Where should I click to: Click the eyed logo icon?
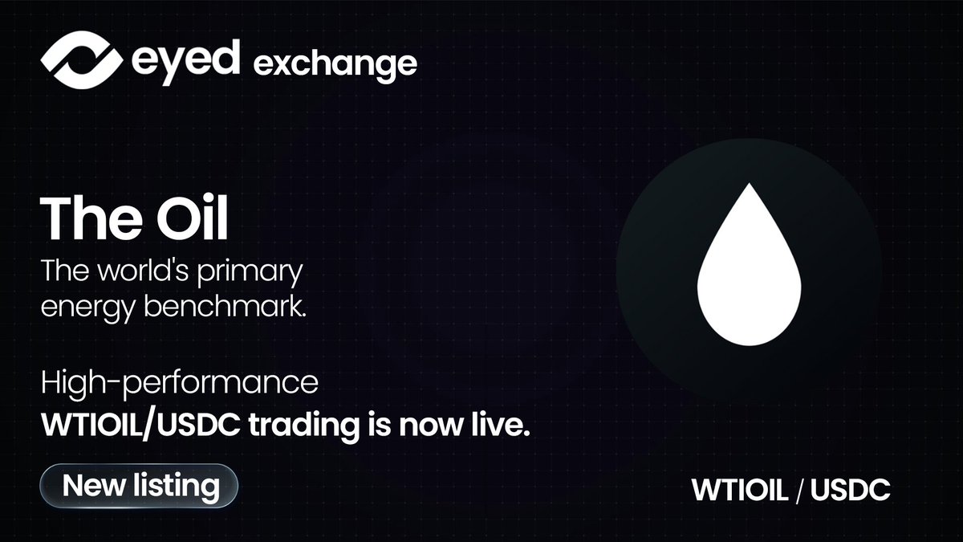tap(79, 59)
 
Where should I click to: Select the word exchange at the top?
tap(335, 63)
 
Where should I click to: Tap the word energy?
tap(84, 306)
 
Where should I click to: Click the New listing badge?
tap(140, 485)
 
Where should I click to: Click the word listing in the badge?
tap(177, 485)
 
